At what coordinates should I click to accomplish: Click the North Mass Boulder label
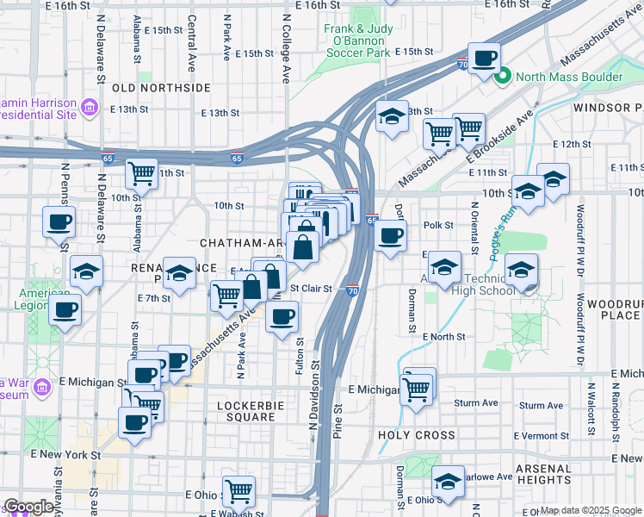point(569,77)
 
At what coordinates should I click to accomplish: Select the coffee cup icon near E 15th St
point(485,58)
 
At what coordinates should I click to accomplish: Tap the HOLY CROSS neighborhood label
point(417,435)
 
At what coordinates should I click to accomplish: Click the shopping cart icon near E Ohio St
point(238,491)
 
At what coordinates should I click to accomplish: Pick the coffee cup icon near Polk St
point(391,234)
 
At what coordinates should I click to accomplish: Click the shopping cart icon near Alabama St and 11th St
point(141,173)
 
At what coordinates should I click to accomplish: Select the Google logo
point(28,507)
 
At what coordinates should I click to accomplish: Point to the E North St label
point(443,336)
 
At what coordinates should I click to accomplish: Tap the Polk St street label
point(438,225)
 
